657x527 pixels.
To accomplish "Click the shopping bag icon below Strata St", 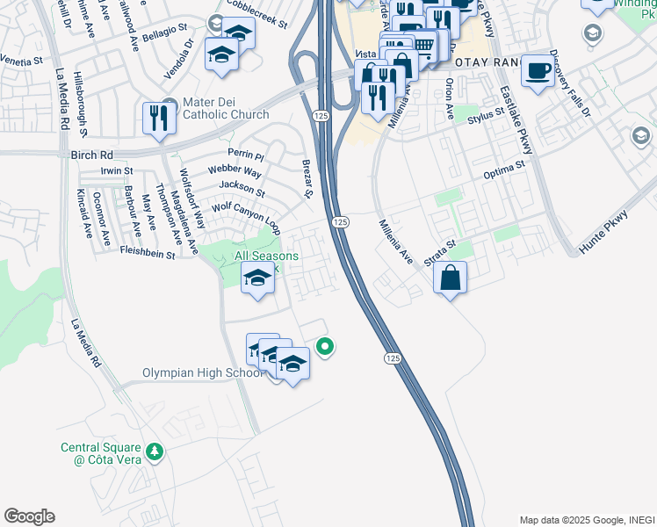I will pyautogui.click(x=450, y=278).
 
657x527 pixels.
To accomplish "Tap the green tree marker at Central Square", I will pyautogui.click(x=155, y=451).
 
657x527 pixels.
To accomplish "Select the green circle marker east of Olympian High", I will pyautogui.click(x=325, y=347).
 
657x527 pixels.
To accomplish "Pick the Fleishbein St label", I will pyautogui.click(x=147, y=253).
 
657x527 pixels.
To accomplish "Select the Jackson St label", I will pyautogui.click(x=242, y=187).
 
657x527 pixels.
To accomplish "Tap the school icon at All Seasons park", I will pyautogui.click(x=257, y=279).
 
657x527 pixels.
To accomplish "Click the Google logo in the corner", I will pyautogui.click(x=29, y=516).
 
